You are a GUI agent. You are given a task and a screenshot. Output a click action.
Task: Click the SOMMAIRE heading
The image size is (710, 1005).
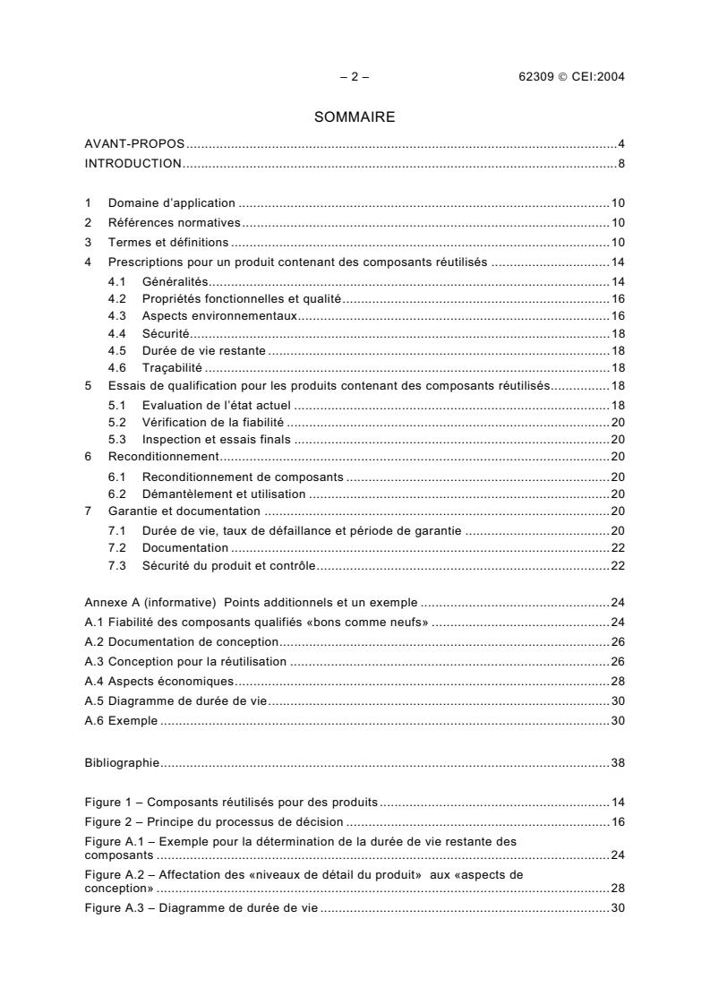pos(355,116)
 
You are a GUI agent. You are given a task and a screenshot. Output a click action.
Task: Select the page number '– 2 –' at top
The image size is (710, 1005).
pos(355,76)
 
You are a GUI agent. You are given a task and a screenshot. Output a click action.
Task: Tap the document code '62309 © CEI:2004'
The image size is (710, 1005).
pos(565,76)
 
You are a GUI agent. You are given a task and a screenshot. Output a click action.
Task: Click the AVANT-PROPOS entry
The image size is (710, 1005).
pos(134,144)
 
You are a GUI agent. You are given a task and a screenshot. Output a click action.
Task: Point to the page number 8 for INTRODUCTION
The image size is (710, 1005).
pos(620,163)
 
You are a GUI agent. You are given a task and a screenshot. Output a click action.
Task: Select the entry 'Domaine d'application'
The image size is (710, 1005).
pos(171,203)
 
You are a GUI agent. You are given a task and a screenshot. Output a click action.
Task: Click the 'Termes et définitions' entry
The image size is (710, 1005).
pos(168,243)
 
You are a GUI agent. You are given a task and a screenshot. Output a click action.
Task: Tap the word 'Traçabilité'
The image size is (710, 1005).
pos(172,367)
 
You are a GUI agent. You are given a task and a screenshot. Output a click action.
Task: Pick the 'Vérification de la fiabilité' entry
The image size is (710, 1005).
pos(213,422)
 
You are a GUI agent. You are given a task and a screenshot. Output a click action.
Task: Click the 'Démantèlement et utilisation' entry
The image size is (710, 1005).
pos(224,493)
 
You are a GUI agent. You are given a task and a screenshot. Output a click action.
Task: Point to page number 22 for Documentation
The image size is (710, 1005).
pos(617,547)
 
